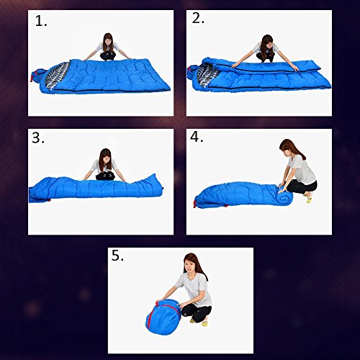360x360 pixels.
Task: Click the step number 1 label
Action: coord(41,21)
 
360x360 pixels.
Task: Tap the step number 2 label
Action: coord(198,18)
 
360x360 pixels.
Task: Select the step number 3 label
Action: coord(38,138)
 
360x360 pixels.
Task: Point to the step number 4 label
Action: coord(197,137)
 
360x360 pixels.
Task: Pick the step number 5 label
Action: coord(117,256)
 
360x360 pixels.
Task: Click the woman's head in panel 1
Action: coord(108,40)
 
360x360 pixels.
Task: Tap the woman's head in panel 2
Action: coord(267,42)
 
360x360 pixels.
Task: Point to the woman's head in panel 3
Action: coord(105,156)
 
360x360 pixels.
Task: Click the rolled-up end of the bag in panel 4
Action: coord(285,196)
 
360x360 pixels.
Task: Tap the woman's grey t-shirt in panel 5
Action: coord(195,289)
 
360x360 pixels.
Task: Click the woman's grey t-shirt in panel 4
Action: coord(302,169)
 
